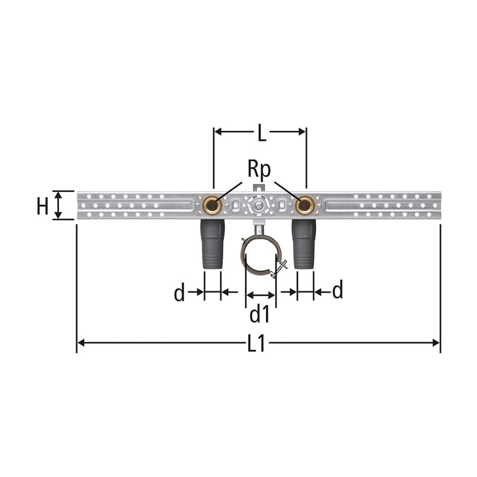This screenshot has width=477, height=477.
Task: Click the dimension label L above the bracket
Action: coord(261,133)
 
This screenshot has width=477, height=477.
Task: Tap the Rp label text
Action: coord(259,169)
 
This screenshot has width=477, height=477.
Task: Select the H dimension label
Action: coord(42,206)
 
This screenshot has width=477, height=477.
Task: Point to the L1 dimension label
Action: coord(256,343)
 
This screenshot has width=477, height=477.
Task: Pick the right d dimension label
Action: coord(338,290)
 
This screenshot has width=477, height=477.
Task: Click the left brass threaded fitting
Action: coord(212,205)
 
